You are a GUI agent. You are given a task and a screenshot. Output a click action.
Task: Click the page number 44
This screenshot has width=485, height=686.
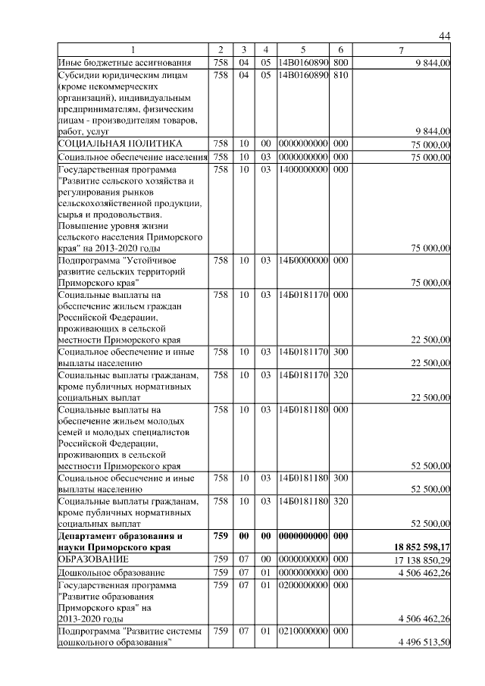(x=445, y=36)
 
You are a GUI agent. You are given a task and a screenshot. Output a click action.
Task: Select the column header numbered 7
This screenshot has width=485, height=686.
(x=402, y=50)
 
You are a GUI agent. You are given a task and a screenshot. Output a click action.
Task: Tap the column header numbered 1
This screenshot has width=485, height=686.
(x=133, y=50)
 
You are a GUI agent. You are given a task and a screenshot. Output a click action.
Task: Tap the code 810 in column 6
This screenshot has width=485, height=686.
(x=340, y=76)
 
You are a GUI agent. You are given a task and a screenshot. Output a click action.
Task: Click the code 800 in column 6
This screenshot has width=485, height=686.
(x=340, y=62)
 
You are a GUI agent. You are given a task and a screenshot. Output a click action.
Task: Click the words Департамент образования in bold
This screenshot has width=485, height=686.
(x=112, y=535)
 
